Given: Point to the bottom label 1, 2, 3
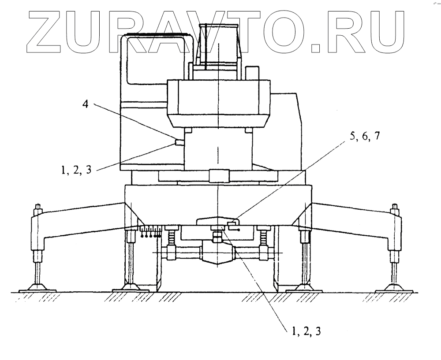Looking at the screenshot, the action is [x=305, y=331].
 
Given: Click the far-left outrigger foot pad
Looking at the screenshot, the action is [x=39, y=288].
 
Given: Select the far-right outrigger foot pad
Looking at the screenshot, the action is [x=394, y=288].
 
